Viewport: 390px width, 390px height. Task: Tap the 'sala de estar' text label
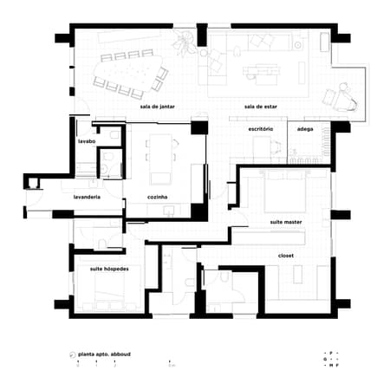[x=260, y=107]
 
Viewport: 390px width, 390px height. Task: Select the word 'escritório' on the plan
[x=261, y=128]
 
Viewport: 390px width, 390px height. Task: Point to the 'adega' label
[x=305, y=128]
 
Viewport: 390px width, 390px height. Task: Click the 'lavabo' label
[x=86, y=140]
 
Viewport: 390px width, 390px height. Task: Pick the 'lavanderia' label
[x=88, y=198]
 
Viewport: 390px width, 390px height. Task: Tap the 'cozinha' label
[x=158, y=198]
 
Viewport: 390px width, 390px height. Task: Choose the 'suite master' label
[x=286, y=222]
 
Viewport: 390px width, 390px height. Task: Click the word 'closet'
[x=286, y=256]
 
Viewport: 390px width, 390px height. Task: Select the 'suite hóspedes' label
[x=109, y=269]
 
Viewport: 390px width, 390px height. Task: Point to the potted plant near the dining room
[x=184, y=41]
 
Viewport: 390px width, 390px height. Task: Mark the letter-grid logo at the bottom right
[x=329, y=359]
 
